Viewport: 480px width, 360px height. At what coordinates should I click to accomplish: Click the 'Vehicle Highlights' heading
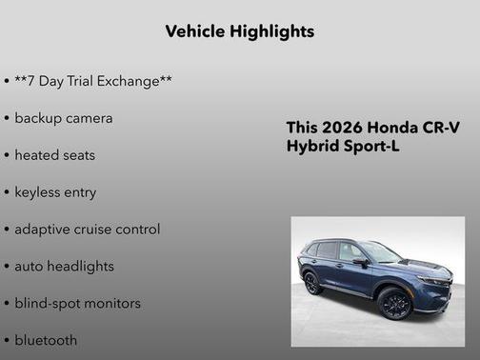239,31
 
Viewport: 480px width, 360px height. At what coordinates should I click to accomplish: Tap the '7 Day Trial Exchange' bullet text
92,81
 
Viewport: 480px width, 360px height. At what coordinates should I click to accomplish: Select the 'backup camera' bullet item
63,118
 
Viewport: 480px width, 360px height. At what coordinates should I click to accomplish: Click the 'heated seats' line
54,154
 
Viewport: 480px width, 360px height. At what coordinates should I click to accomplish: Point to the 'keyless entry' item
55,191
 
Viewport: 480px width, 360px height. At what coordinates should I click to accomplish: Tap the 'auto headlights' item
64,266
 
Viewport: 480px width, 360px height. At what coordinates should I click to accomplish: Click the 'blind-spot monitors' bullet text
77,303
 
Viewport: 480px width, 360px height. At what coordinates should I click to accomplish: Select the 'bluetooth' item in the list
46,339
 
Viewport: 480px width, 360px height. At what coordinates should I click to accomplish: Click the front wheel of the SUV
395,304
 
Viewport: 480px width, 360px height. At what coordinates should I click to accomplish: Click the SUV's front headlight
433,281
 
